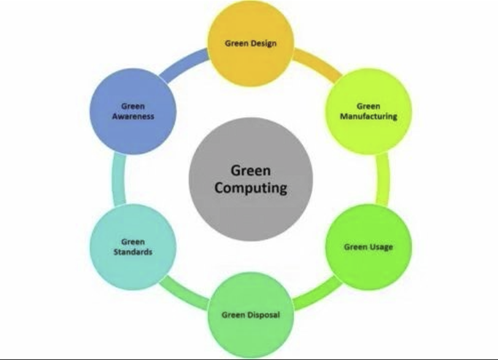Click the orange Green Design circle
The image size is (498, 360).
[251, 44]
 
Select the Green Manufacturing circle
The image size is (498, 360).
[369, 112]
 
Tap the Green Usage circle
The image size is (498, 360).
[369, 247]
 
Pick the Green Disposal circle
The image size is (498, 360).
[251, 315]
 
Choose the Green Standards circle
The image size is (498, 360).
[133, 247]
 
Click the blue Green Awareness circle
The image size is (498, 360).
[133, 112]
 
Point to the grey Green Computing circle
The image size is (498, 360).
[251, 179]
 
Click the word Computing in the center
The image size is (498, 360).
[251, 188]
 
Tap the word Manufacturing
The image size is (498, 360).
[369, 117]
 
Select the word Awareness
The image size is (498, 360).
[133, 117]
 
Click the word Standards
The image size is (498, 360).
[133, 252]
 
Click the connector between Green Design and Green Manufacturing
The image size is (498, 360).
[318, 64]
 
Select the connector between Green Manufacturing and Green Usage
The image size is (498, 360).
[383, 179]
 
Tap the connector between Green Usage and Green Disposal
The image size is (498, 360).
[318, 294]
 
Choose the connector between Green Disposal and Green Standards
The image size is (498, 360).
[183, 294]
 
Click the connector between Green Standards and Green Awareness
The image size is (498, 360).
[118, 179]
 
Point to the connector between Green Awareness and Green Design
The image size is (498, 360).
[183, 64]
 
